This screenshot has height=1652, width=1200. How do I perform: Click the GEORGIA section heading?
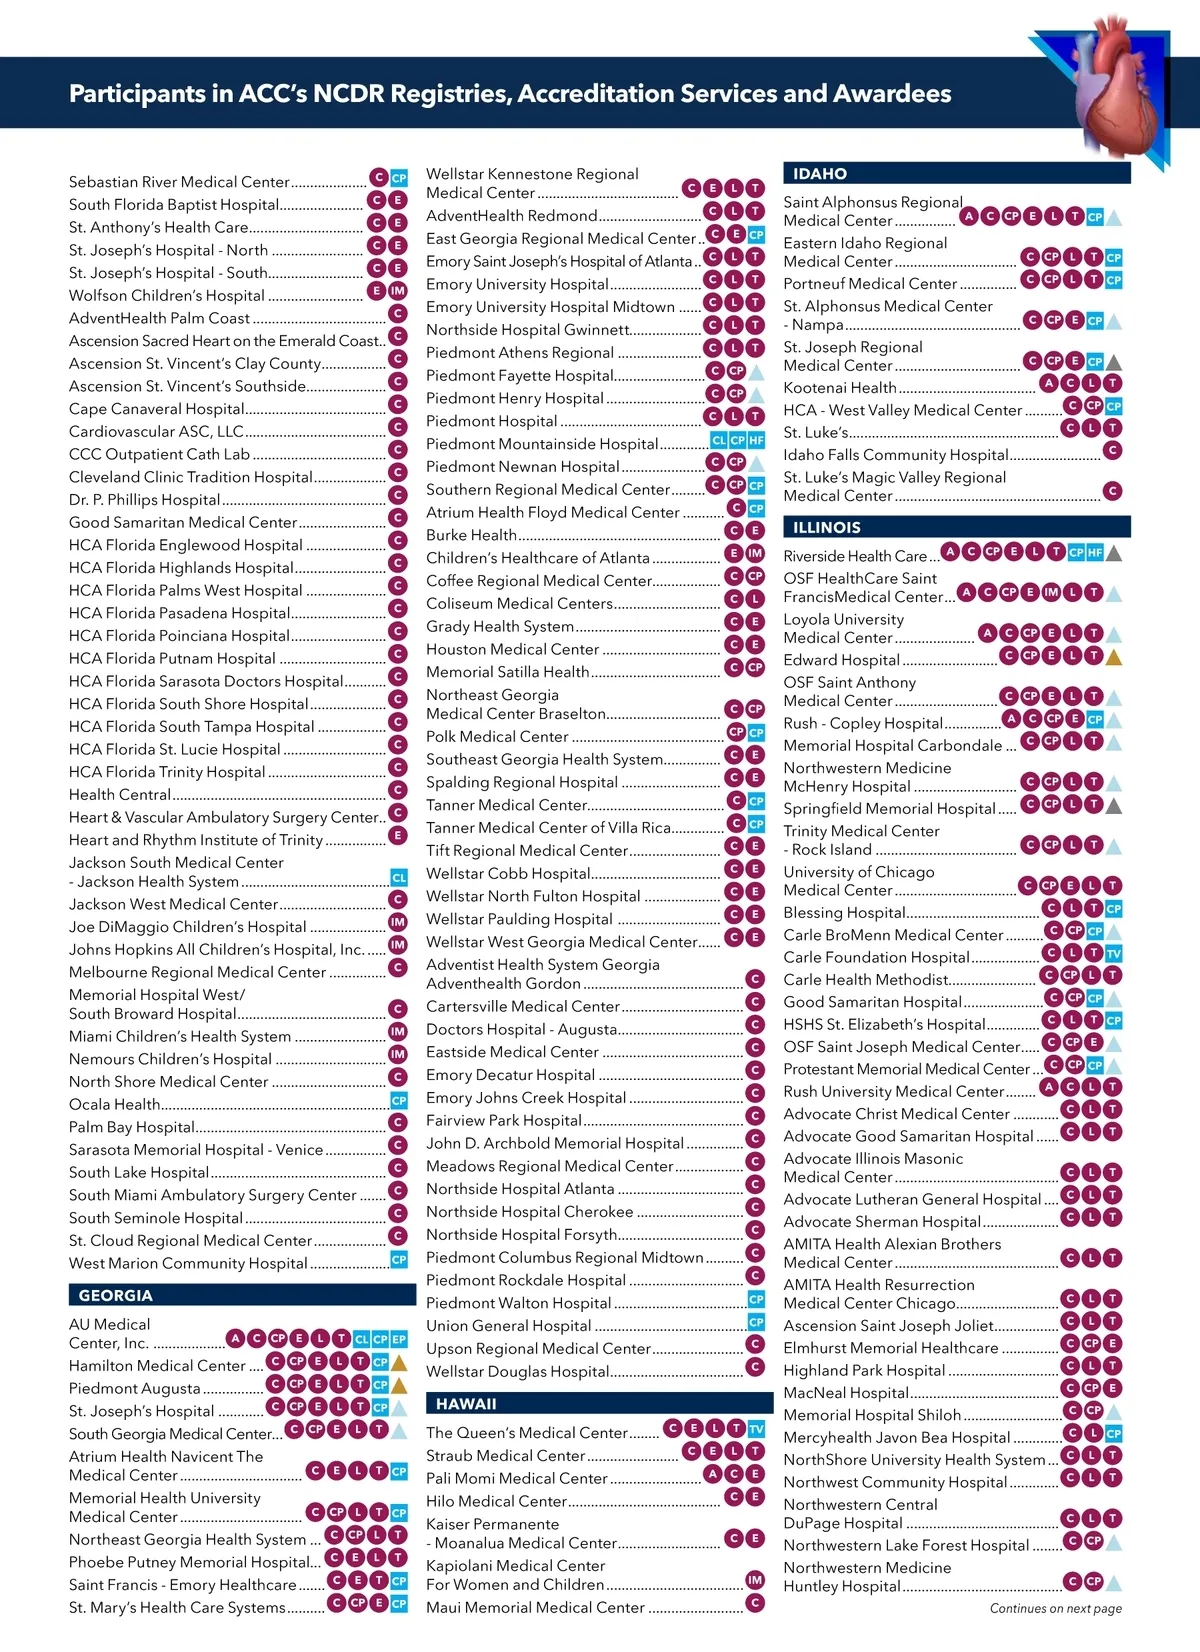pos(116,1295)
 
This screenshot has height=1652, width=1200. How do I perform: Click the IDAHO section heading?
pos(820,174)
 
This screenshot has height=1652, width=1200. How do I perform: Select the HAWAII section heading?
pos(466,1403)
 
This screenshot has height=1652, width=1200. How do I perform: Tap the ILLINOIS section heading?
pos(827,527)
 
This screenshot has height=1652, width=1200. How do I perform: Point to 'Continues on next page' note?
pos(1055,1608)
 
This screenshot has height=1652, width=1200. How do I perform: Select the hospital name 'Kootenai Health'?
pos(840,388)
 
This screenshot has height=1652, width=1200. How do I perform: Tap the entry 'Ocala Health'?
pos(114,1104)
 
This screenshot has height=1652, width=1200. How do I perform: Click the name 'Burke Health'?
pos(471,535)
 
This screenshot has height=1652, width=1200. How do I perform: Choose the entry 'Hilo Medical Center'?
pos(496,1501)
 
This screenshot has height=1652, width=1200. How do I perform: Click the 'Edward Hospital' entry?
pos(841,660)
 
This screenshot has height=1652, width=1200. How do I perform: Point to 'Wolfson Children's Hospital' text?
pos(166,295)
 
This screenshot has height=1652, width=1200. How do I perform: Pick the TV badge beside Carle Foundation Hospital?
pos(1114,954)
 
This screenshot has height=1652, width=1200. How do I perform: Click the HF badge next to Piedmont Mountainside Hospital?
pos(756,440)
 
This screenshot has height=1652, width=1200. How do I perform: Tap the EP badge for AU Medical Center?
pos(399,1338)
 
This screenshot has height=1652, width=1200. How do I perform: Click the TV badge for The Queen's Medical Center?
pos(757,1429)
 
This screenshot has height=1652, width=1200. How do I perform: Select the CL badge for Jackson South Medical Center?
pos(399,878)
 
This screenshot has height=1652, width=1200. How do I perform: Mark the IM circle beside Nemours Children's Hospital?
pos(398,1054)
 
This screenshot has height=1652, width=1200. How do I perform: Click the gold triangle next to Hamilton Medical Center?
pos(399,1362)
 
